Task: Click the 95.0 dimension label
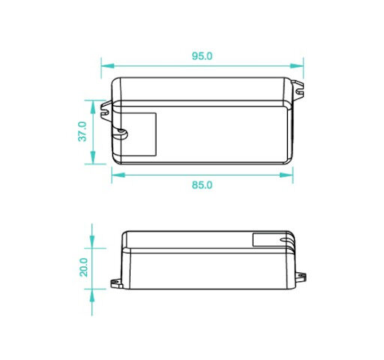(x=202, y=56)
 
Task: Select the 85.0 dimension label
(x=202, y=185)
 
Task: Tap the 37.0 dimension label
(x=82, y=131)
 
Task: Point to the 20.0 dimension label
(x=83, y=267)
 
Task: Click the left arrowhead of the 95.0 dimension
(x=108, y=66)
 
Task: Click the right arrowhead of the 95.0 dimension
(x=297, y=66)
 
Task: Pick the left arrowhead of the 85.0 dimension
(x=118, y=175)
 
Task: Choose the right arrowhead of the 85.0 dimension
(x=286, y=175)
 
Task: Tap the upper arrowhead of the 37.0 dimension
(x=93, y=107)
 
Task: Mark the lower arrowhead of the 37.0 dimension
(x=93, y=157)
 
